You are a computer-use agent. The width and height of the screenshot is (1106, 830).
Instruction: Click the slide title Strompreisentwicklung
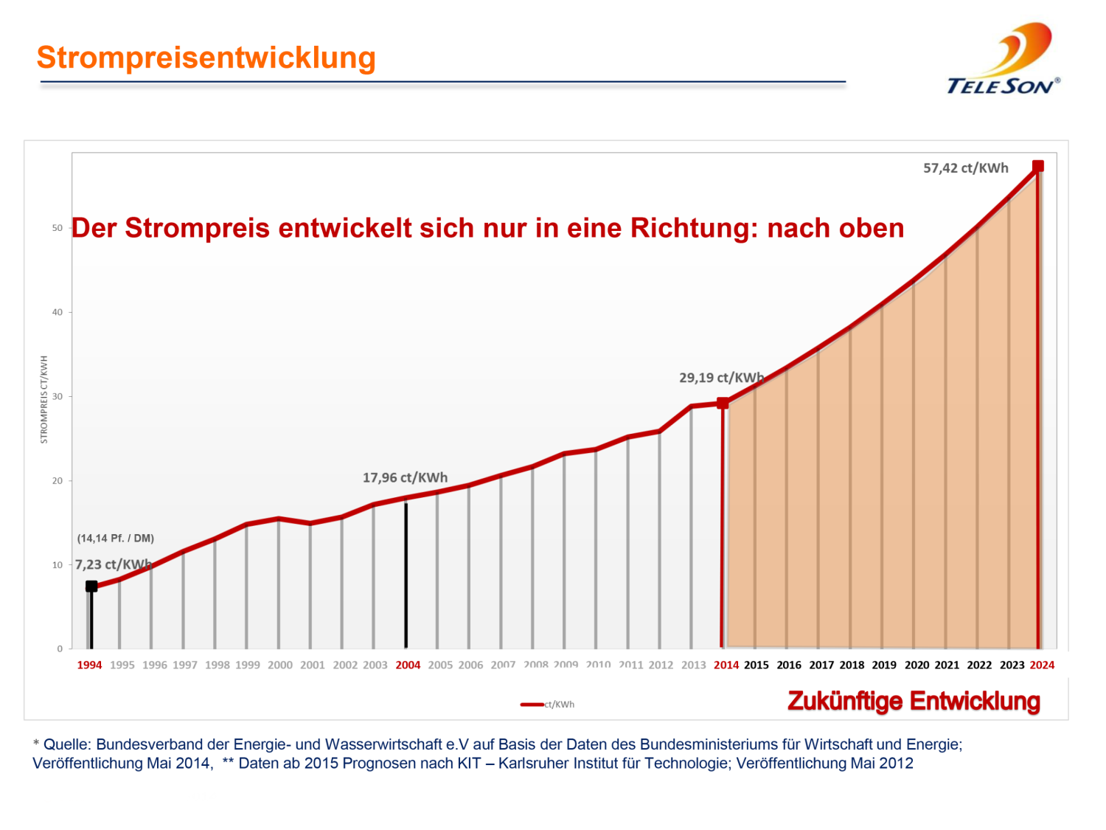206,58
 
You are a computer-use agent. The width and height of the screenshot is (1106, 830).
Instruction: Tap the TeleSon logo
1004,60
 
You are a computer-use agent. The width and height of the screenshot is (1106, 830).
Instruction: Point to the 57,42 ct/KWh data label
965,168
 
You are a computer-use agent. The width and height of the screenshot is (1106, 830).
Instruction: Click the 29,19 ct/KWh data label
721,378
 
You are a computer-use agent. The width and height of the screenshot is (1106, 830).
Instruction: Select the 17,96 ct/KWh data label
405,478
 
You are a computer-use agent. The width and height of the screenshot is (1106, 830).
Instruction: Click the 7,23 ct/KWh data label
113,564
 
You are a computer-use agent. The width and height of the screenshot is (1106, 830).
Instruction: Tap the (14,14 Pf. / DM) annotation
116,539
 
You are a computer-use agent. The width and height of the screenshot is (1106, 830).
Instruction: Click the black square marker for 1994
91,587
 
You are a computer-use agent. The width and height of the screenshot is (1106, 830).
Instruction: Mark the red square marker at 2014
723,403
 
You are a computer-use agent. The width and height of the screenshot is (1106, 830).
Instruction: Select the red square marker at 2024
1037,167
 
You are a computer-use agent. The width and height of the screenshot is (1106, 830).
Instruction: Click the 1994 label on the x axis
89,665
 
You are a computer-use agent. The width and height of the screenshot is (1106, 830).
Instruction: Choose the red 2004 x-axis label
408,665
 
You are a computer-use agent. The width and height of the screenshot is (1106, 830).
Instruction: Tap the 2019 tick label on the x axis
884,665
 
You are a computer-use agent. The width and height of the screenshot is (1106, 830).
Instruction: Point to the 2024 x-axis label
1042,665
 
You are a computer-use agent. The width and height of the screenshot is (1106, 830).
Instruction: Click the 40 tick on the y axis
57,312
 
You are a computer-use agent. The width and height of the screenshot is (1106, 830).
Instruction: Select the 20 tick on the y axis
57,481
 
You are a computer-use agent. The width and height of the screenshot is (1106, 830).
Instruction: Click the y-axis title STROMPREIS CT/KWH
44,400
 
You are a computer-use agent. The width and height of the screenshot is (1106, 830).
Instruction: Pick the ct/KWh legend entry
548,705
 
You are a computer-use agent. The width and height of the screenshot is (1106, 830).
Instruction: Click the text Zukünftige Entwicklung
914,701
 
